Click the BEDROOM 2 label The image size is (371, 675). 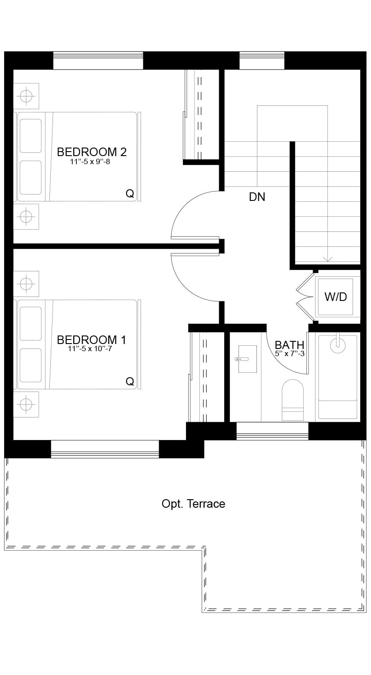point(92,152)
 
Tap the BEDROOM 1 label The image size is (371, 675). point(92,340)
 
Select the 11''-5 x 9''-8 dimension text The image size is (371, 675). point(90,162)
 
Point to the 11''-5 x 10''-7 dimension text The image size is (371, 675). point(90,349)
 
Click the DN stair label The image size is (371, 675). point(257,197)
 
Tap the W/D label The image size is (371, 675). point(336,297)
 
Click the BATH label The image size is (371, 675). point(289,345)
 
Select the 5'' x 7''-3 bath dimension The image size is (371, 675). point(290,353)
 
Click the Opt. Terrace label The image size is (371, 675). point(194,504)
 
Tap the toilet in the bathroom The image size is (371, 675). point(292,400)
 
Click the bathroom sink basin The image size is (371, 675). point(247,359)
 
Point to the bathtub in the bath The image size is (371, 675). point(338,377)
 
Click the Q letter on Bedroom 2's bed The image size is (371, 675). point(130,193)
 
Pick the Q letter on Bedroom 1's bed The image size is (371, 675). point(130,382)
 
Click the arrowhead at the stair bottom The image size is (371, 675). point(327,259)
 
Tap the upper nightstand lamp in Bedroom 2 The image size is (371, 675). point(26,96)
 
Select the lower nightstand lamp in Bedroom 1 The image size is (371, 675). point(26,405)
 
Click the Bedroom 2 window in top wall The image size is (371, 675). point(98,61)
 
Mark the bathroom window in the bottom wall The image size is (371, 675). point(272,431)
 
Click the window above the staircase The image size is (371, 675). point(262,61)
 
